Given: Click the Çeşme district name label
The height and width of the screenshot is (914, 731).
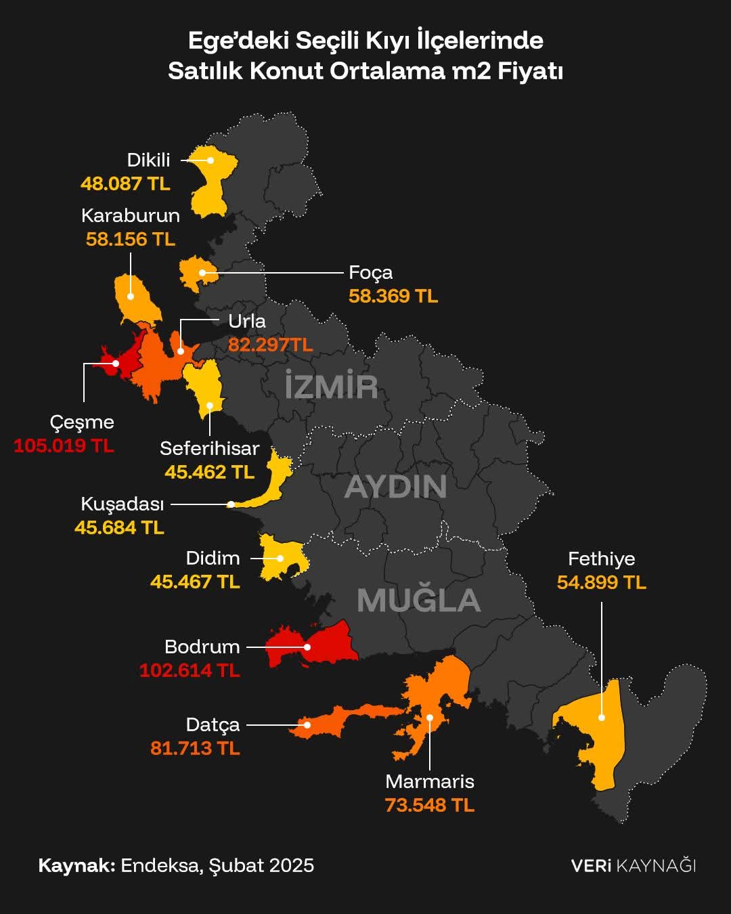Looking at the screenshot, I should (x=82, y=422).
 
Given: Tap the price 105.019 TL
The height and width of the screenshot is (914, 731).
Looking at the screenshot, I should (x=64, y=445).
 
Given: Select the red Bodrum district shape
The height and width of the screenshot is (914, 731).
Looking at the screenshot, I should (x=325, y=643).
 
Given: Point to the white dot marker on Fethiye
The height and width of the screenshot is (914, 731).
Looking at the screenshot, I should (x=602, y=718).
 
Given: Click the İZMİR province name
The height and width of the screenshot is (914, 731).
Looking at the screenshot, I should (x=331, y=386).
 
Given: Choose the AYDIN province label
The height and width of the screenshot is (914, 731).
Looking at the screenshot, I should (x=395, y=487).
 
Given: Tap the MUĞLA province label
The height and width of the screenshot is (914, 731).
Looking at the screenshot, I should (x=418, y=601).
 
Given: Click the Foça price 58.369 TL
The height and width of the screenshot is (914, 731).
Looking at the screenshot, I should (x=393, y=296).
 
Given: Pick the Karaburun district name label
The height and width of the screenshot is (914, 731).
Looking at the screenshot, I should (x=131, y=215).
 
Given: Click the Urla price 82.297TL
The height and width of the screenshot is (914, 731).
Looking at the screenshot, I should (x=270, y=345).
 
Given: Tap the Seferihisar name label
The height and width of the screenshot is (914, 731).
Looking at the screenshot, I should (x=209, y=448).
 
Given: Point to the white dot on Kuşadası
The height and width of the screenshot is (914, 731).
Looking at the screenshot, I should (x=231, y=504).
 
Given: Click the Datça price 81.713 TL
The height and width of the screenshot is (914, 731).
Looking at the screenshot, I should (x=195, y=748).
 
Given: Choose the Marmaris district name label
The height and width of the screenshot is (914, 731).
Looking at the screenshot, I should (x=430, y=781).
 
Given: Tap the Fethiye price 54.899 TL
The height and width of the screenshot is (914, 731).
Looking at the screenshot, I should (x=601, y=582).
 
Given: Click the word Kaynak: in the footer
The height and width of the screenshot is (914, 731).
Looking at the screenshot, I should (x=76, y=865).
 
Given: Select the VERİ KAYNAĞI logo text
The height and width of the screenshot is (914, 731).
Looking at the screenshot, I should (x=633, y=865).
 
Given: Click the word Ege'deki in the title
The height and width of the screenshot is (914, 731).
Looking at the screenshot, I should (x=230, y=41).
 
